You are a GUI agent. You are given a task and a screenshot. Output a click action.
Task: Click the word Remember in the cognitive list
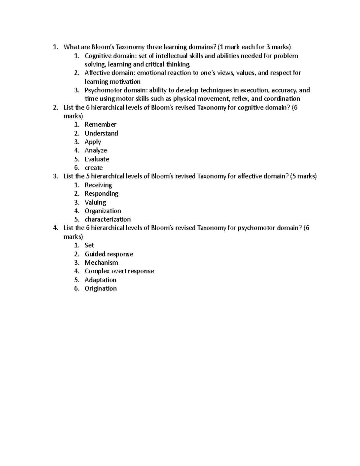100,125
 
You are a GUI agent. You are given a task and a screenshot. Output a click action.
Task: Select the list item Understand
101,133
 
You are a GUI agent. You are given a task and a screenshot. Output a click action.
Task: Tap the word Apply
93,142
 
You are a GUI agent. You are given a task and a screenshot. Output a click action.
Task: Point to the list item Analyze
96,150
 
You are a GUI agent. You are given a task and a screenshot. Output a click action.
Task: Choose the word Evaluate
97,159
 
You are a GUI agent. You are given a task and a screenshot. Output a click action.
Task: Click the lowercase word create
94,168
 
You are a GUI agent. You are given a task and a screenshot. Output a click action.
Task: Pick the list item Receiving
98,185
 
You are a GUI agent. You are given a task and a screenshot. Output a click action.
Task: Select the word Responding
101,194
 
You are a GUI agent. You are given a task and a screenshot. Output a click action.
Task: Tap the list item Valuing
95,203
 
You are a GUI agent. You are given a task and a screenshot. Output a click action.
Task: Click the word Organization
103,211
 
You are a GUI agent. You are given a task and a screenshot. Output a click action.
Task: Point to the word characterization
108,219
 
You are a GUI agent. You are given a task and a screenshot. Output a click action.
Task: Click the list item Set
89,245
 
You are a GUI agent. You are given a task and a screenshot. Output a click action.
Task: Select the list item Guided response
109,254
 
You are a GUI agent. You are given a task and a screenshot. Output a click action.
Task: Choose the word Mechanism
101,263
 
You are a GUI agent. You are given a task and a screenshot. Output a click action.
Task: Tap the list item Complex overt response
119,271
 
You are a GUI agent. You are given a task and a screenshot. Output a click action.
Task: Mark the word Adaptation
100,280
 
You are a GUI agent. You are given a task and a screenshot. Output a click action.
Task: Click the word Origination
100,288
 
